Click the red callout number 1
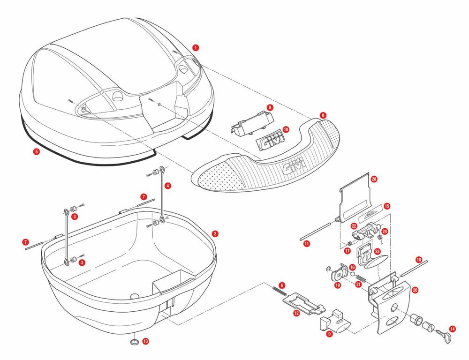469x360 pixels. tap(196, 47)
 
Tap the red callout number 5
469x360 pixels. tap(36, 151)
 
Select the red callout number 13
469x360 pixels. tap(145, 341)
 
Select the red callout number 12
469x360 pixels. tap(296, 313)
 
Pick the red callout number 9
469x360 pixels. tap(329, 334)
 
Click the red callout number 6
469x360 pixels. tap(281, 285)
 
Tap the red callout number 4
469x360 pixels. tap(168, 186)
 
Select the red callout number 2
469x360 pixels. tap(214, 233)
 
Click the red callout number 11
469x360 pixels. tap(306, 244)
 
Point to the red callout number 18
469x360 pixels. tap(419, 259)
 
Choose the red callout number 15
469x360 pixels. tap(386, 206)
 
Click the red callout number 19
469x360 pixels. tap(337, 285)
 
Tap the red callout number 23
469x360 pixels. tap(377, 252)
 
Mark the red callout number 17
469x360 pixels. tap(347, 251)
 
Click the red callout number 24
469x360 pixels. tap(384, 231)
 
